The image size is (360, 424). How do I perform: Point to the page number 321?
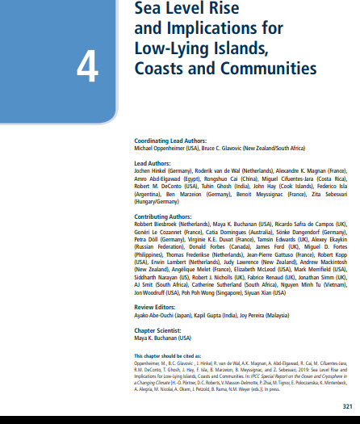pyautogui.click(x=349, y=405)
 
